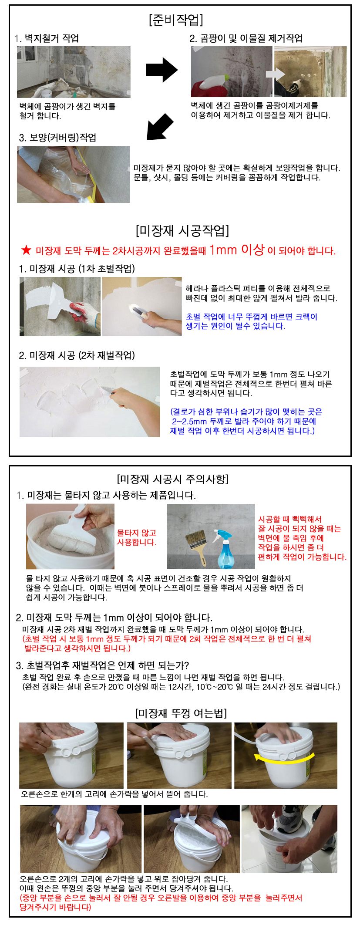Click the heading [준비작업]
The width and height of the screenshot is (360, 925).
coord(176,20)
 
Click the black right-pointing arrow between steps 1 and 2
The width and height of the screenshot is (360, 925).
coord(161,70)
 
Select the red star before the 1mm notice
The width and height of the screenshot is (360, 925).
coord(27,250)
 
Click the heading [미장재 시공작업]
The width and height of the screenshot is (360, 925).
coord(182,230)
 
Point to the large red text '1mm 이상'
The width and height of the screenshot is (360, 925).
coord(237,250)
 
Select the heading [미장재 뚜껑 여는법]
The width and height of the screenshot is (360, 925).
coord(181,713)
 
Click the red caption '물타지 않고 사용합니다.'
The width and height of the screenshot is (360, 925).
coord(137,537)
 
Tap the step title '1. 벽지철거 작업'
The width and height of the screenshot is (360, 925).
coord(47,38)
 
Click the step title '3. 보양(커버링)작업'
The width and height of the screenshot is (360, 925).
coord(57,138)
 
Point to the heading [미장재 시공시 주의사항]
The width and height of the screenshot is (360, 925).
coord(173,479)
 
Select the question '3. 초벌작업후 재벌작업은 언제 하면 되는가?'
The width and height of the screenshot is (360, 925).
coord(102,665)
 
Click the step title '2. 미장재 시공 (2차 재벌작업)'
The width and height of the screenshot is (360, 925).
coord(77,355)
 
